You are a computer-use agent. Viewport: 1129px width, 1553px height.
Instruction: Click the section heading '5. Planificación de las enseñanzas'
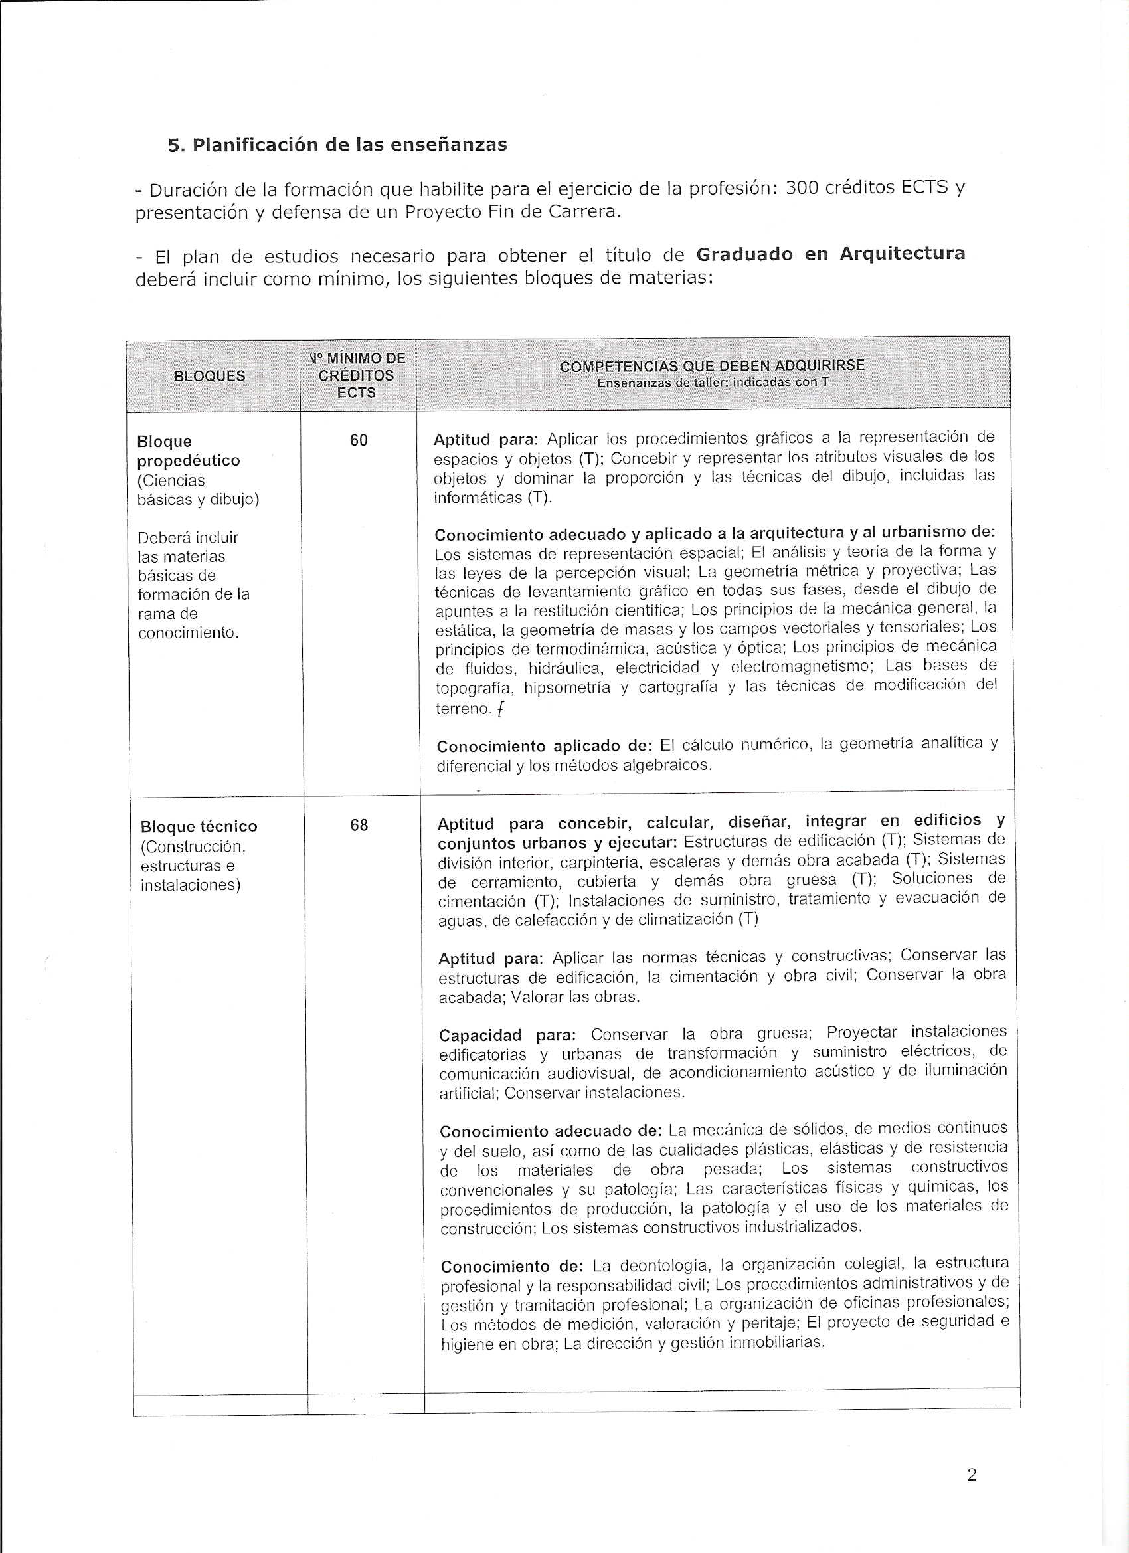(x=337, y=145)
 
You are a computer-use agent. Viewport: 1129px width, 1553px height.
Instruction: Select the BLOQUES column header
(x=209, y=376)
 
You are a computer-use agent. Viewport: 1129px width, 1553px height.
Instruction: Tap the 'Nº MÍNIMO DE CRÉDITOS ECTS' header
(x=357, y=375)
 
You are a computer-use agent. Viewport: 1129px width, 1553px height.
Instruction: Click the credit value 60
(x=359, y=441)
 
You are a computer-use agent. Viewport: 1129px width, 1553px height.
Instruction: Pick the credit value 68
(x=359, y=825)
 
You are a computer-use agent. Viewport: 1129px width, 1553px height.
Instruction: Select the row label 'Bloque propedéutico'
(x=189, y=450)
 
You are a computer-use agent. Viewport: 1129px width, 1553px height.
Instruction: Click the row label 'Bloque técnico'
(x=199, y=826)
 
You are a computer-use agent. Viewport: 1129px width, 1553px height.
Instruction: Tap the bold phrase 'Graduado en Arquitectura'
(x=831, y=254)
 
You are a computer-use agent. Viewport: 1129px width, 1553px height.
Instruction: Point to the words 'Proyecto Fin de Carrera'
(x=510, y=212)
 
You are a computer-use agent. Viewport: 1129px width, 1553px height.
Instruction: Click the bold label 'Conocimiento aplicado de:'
(x=545, y=746)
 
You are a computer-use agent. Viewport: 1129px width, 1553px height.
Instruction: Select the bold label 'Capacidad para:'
(x=507, y=1035)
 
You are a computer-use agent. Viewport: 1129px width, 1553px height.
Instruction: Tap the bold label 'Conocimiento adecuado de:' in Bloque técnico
(x=551, y=1131)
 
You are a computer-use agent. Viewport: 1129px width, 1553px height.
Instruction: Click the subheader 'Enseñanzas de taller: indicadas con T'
(x=712, y=382)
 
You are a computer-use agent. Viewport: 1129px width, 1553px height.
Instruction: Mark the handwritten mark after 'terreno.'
(x=501, y=710)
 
